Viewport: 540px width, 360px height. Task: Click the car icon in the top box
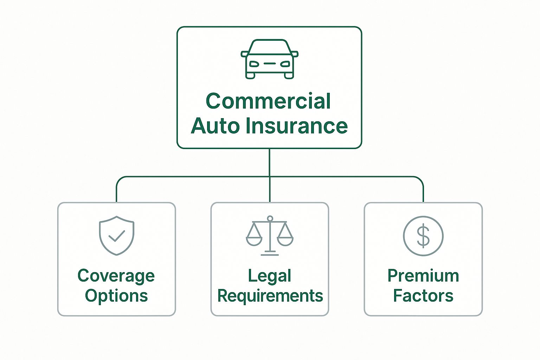pyautogui.click(x=269, y=59)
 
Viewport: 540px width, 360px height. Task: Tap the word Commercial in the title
pyautogui.click(x=268, y=101)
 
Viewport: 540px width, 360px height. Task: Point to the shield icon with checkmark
pyautogui.click(x=116, y=235)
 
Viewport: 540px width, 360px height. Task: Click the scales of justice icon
pyautogui.click(x=270, y=235)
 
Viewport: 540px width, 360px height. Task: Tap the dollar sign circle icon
pyautogui.click(x=423, y=236)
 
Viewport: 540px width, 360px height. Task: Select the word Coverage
pyautogui.click(x=116, y=276)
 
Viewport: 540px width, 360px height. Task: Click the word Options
pyautogui.click(x=116, y=296)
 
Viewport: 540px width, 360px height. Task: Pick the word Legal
pyautogui.click(x=270, y=276)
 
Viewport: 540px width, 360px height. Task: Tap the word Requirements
pyautogui.click(x=270, y=296)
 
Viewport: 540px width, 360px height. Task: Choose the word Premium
pyautogui.click(x=423, y=276)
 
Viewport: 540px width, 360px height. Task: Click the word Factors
pyautogui.click(x=423, y=296)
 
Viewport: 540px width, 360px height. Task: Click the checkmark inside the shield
pyautogui.click(x=116, y=236)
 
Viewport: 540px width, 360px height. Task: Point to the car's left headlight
pyautogui.click(x=254, y=64)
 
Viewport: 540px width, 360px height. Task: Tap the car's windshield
pyautogui.click(x=269, y=47)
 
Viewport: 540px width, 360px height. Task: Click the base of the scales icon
pyautogui.click(x=270, y=254)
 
